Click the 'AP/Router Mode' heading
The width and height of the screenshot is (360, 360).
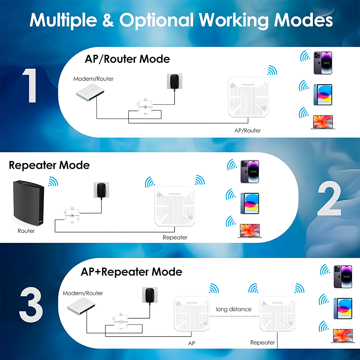click(x=127, y=59)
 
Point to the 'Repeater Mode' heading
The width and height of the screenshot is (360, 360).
click(x=49, y=165)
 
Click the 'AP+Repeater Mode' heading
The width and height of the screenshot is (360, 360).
click(x=131, y=271)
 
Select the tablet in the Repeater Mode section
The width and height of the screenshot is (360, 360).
click(x=249, y=203)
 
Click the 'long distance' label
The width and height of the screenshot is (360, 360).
click(x=234, y=309)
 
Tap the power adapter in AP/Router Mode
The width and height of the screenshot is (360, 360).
click(x=174, y=82)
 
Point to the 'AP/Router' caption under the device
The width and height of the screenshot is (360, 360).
click(x=248, y=130)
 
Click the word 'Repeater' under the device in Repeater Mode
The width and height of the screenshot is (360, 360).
click(x=175, y=237)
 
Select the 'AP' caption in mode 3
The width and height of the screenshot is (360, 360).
click(x=192, y=343)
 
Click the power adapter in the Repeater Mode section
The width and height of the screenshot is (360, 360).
click(x=102, y=190)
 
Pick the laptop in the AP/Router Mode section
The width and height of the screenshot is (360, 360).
click(x=323, y=122)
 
